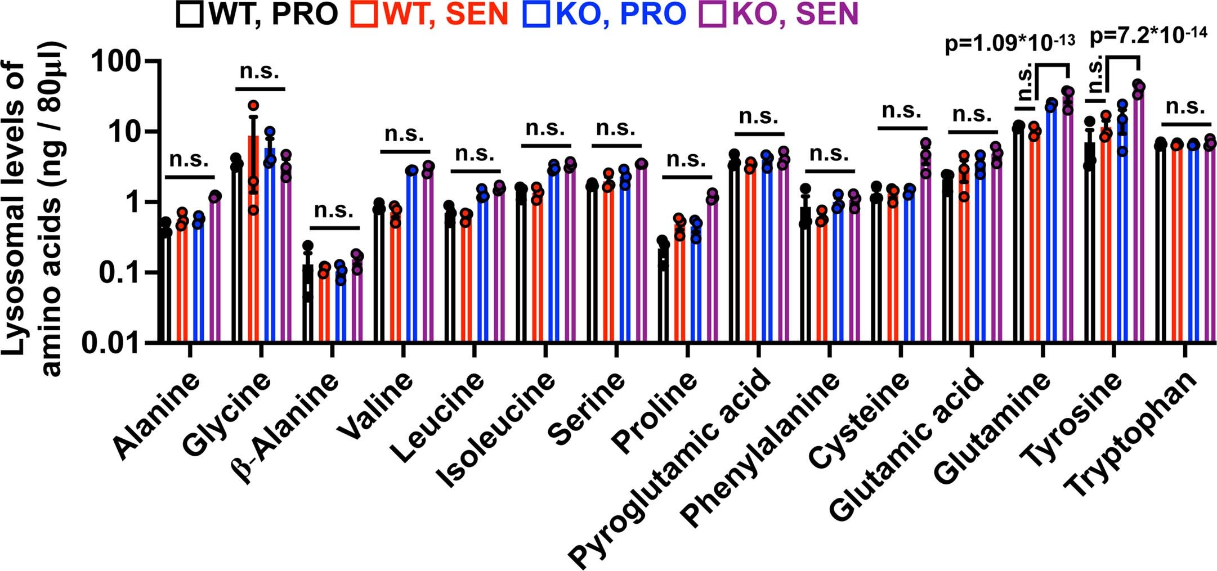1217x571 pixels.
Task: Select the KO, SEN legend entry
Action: pos(779,14)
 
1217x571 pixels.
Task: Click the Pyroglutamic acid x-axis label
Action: pos(670,467)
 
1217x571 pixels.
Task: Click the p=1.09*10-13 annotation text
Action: pos(1010,43)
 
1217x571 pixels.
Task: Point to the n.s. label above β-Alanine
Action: pos(334,210)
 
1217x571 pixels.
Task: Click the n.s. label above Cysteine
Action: pos(901,111)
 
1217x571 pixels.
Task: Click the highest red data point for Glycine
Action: pos(253,105)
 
